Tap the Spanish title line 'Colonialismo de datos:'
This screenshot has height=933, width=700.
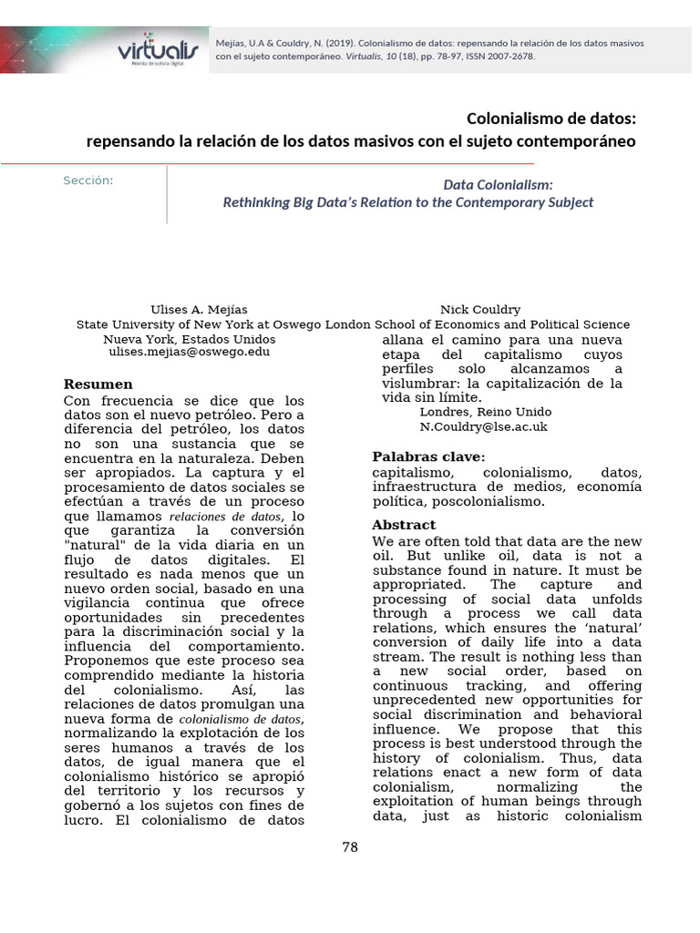(551, 118)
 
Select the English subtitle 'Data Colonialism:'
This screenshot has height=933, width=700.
(498, 184)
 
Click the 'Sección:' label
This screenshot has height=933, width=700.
(88, 180)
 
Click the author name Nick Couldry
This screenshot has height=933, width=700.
(480, 310)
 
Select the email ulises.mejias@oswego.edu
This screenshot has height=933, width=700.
(191, 351)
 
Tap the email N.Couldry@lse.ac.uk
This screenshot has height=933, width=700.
(483, 425)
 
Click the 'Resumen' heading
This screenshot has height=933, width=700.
(98, 384)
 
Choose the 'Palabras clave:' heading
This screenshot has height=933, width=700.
(428, 456)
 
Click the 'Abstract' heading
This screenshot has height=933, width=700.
(404, 526)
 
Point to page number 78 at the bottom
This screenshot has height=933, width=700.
(350, 847)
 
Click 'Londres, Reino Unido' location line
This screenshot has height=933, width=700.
(485, 412)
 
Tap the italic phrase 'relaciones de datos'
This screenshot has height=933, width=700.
(225, 517)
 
